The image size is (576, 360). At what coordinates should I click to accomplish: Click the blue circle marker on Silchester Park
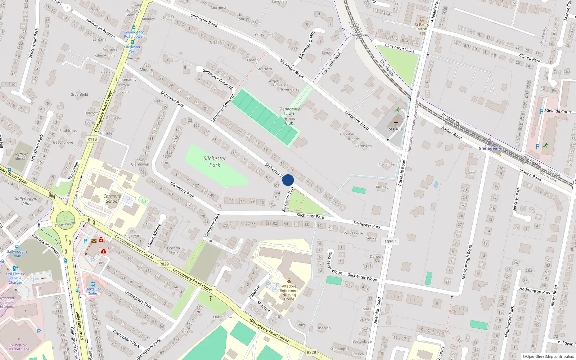click(288, 180)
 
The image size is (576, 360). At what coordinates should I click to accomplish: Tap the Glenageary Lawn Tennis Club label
click(289, 116)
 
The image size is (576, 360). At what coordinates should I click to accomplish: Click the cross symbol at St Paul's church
click(396, 123)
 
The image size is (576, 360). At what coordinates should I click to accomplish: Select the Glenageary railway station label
click(490, 148)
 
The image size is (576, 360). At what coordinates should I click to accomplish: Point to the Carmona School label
click(112, 199)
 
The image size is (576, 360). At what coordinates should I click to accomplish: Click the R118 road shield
click(92, 139)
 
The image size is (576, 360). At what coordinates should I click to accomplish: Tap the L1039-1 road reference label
click(390, 242)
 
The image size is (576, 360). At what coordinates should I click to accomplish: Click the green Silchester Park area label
click(215, 162)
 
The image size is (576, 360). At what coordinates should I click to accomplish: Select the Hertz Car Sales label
click(93, 291)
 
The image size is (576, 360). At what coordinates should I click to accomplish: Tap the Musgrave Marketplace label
click(19, 347)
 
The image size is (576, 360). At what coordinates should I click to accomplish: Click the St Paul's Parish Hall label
click(422, 29)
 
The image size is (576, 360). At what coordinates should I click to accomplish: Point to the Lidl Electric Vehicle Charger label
click(15, 278)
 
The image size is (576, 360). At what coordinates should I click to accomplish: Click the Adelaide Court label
click(558, 111)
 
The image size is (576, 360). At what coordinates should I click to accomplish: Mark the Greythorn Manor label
click(20, 156)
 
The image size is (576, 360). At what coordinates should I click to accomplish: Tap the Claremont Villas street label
click(400, 48)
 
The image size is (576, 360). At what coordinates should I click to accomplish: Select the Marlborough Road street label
click(467, 261)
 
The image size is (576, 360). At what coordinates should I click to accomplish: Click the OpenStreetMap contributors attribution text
click(548, 356)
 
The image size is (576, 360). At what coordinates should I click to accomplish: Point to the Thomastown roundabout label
click(65, 224)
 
